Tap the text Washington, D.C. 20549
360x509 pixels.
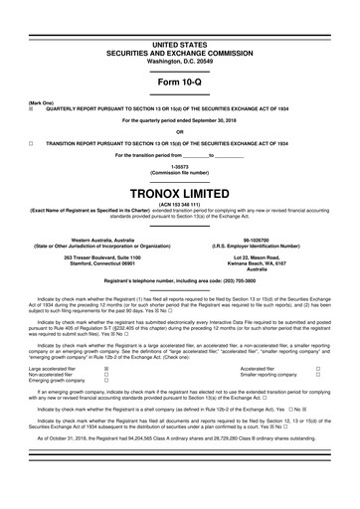click(x=179, y=34)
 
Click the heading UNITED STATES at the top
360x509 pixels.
click(x=179, y=18)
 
